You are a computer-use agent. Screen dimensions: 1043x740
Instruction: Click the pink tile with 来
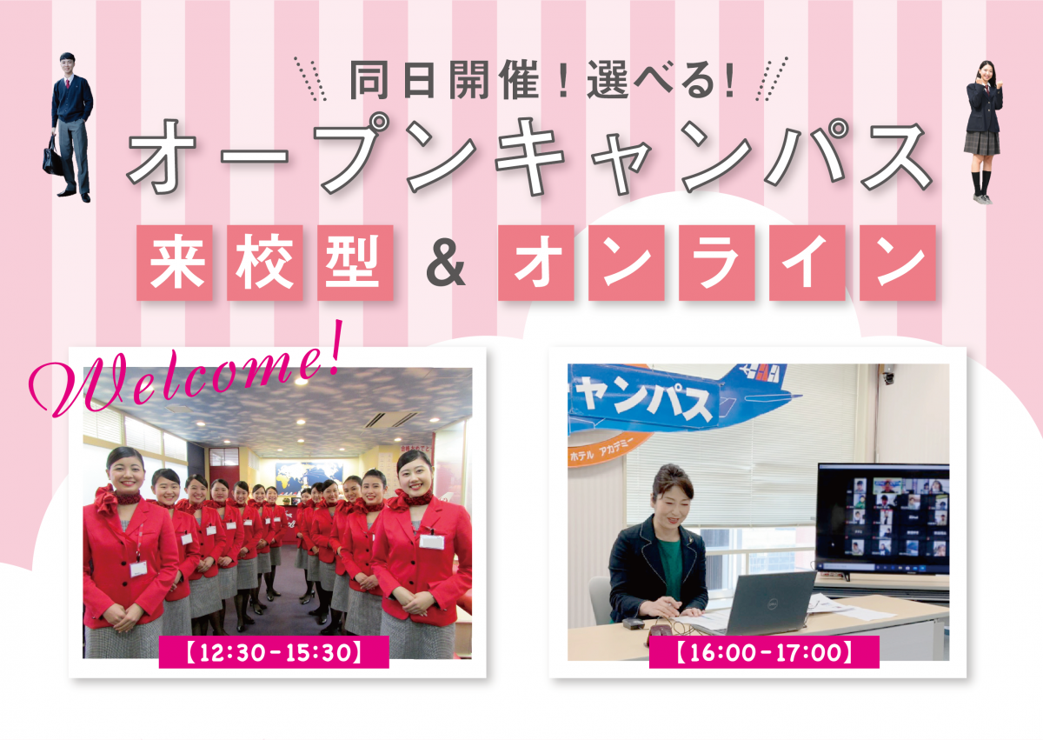point(175,263)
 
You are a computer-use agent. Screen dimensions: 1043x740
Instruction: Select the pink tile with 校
point(265,263)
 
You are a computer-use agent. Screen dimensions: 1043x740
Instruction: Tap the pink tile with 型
point(355,263)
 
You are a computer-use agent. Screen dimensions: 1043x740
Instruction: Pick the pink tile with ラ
point(716,263)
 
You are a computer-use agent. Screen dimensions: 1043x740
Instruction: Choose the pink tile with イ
point(807,263)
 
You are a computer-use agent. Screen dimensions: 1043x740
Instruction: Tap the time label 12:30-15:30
point(274,652)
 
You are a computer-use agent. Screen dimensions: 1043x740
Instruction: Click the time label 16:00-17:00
point(764,652)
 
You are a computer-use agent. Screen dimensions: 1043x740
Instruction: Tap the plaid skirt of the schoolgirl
point(981,143)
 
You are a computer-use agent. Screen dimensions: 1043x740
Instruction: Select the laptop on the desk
point(767,603)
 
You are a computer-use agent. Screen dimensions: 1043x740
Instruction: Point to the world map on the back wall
point(309,477)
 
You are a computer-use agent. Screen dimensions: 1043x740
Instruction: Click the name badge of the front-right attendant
point(431,541)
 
